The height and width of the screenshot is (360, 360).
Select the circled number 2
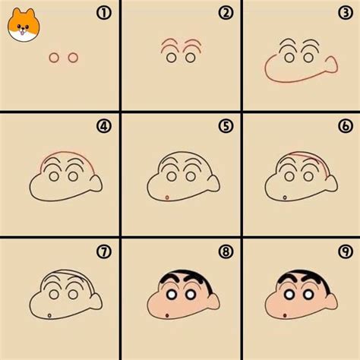coord(225,13)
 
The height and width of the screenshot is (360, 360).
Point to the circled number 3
coord(346,13)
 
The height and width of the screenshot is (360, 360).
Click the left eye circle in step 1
coord(54,58)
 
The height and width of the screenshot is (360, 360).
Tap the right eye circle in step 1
coord(73,58)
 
